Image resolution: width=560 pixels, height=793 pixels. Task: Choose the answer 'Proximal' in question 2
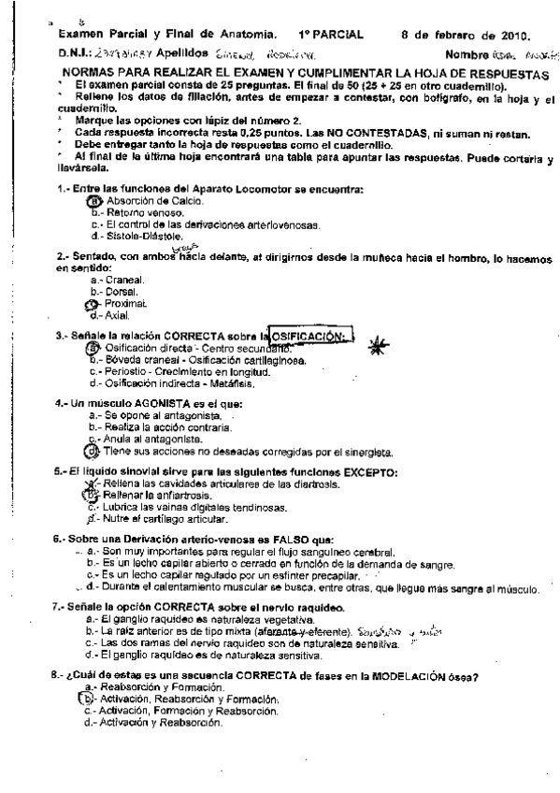pos(127,303)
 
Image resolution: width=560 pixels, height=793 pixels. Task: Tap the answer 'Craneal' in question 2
pos(123,279)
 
